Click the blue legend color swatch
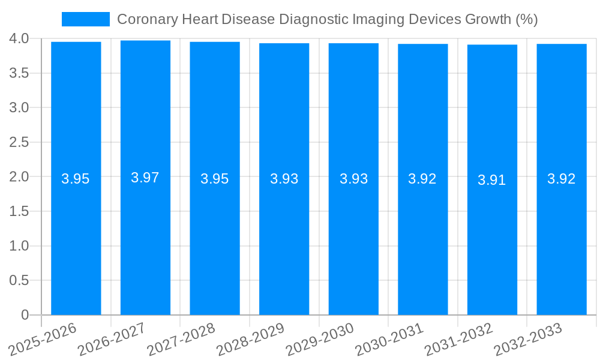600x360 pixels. pos(86,19)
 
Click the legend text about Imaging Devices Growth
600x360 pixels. pos(327,19)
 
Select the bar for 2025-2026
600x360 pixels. pos(76,240)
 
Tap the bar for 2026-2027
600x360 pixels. pos(145,240)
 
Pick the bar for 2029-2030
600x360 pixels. pos(353,240)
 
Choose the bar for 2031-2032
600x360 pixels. pos(492,240)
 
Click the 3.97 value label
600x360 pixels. pos(145,178)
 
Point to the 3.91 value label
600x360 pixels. pos(492,180)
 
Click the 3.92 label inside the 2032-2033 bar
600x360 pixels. pos(562,179)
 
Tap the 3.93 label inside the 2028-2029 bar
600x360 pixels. pos(284,179)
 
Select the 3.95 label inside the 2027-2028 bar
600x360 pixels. pos(215,179)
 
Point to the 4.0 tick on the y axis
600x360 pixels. pos(19,39)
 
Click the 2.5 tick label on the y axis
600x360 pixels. pos(19,142)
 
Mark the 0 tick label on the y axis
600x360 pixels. pos(25,315)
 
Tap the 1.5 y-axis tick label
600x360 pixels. pos(19,211)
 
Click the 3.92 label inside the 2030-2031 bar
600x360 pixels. pos(422,179)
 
